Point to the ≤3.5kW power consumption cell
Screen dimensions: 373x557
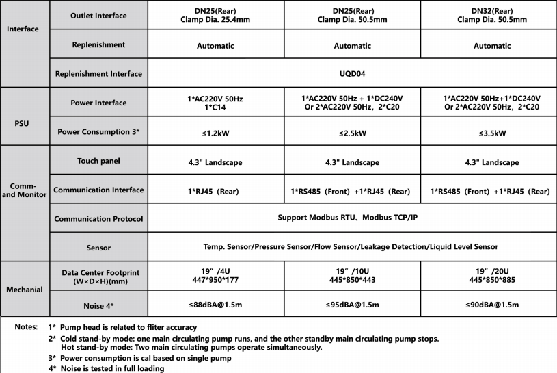[491, 131]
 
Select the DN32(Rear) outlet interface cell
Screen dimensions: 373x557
[491, 15]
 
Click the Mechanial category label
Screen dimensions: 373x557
[23, 290]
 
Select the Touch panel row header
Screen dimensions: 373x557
[98, 162]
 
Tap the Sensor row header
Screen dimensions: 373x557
[98, 247]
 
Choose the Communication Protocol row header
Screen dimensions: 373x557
[98, 219]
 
